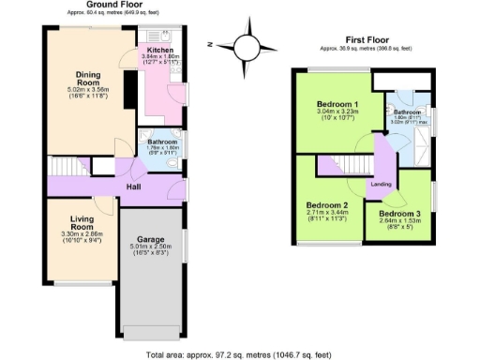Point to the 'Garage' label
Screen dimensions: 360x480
click(x=152, y=239)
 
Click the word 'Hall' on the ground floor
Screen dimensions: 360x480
click(x=135, y=186)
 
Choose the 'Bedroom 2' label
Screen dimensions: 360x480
click(x=327, y=205)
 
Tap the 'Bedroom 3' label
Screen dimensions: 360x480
click(x=399, y=214)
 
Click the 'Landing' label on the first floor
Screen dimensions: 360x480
click(x=381, y=184)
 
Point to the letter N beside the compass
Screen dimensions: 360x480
click(x=214, y=44)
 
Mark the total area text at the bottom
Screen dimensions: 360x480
click(x=240, y=354)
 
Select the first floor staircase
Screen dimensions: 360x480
click(x=334, y=165)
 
